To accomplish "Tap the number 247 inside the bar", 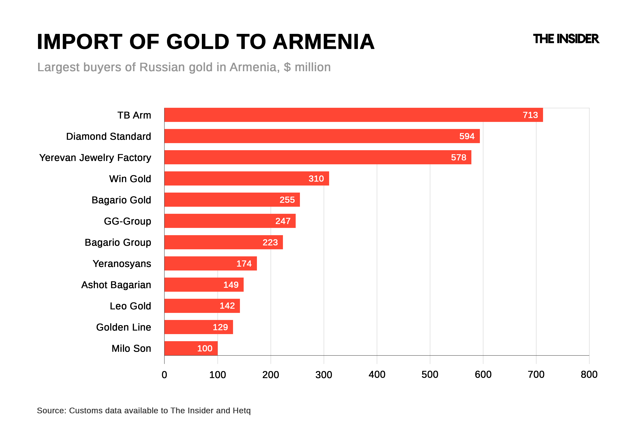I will pos(283,221).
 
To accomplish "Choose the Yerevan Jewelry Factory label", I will pos(95,158).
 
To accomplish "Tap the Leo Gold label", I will pos(130,306).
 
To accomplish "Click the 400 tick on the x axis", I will pos(377,374).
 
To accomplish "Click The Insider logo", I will pos(566,39).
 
